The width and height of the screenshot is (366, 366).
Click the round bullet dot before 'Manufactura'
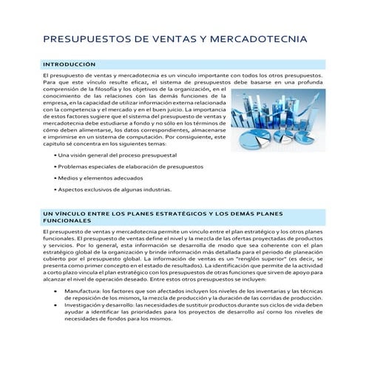coord(57,291)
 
